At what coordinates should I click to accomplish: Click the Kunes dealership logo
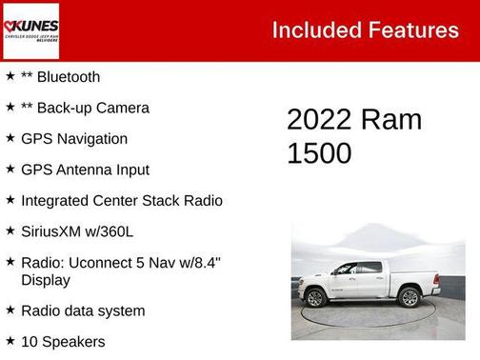[x=30, y=30]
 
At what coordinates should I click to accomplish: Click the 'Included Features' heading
[x=365, y=30]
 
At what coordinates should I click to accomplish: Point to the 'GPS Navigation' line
[x=73, y=139]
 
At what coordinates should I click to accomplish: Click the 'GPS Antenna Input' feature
[x=85, y=170]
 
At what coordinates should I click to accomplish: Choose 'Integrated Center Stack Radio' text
[x=121, y=201]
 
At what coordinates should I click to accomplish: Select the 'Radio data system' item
[x=83, y=310]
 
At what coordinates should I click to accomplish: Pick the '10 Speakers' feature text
[x=63, y=341]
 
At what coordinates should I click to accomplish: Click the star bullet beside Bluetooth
[x=10, y=76]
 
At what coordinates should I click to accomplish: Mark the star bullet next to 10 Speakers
[x=10, y=340]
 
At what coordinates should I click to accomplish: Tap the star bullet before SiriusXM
[x=10, y=230]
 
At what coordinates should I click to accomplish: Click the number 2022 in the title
[x=318, y=120]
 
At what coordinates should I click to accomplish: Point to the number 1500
[x=319, y=153]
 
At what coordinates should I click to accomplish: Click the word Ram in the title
[x=390, y=120]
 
